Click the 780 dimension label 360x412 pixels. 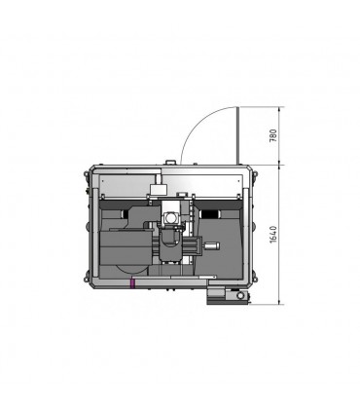pos(272,136)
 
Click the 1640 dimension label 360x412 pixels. pos(272,234)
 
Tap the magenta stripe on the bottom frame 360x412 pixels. pos(132,282)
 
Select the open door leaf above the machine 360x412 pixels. pos(237,135)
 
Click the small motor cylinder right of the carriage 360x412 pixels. pos(211,246)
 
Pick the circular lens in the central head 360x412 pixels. pos(170,217)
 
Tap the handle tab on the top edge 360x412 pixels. pos(170,162)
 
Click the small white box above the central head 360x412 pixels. pos(158,189)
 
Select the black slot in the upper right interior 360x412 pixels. pos(210,214)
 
